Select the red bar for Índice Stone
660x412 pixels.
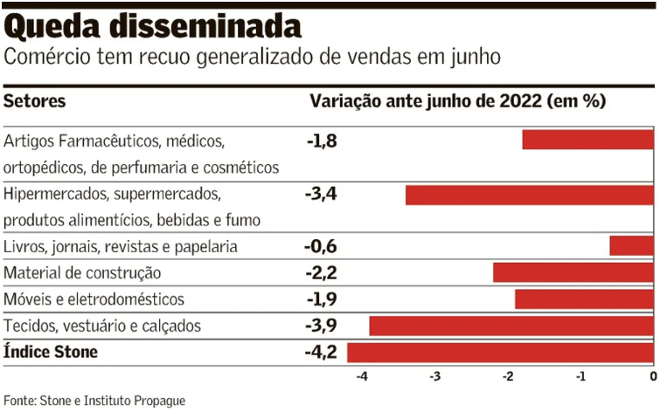(500, 353)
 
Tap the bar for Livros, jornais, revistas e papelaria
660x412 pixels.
(631, 246)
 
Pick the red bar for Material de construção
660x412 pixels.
(573, 272)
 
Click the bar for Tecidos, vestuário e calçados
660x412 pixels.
(511, 326)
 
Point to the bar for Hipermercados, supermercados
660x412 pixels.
(529, 195)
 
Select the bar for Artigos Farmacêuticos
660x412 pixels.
(587, 140)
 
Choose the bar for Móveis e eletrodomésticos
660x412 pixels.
(584, 299)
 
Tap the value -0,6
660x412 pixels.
(321, 246)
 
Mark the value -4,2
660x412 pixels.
(321, 353)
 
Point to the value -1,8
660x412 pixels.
(321, 139)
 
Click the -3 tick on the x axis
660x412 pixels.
(434, 377)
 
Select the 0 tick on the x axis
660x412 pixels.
(652, 377)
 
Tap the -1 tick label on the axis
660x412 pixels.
(579, 377)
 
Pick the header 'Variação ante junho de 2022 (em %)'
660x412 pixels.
(457, 101)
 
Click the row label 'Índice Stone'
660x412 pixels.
(51, 353)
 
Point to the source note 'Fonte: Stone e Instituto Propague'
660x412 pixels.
(94, 401)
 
